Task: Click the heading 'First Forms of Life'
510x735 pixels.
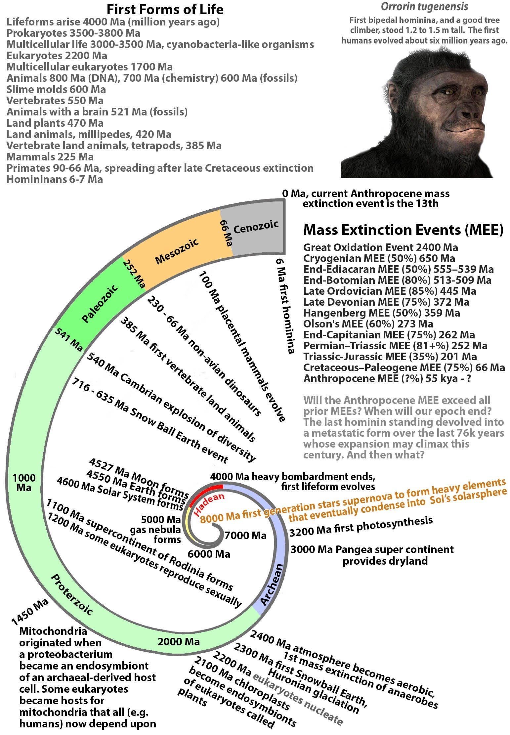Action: pos(165,9)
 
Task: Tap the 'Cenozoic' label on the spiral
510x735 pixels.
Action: pos(256,227)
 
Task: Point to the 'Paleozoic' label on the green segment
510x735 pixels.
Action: pos(100,303)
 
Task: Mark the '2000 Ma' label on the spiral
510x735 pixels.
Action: pos(179,642)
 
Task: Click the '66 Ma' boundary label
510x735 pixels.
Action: pos(226,233)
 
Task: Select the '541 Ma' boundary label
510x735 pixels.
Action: pos(68,339)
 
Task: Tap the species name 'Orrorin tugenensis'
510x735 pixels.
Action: pos(425,6)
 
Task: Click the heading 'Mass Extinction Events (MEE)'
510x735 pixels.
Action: pos(403,230)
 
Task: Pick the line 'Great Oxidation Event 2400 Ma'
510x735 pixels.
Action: pos(380,247)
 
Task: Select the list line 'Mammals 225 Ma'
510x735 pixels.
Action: pos(50,156)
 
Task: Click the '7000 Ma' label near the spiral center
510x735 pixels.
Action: pos(245,535)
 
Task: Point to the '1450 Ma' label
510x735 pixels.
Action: pos(30,611)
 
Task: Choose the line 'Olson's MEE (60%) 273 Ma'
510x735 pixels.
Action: pos(368,324)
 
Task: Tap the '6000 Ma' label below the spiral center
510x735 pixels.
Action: pos(209,554)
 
